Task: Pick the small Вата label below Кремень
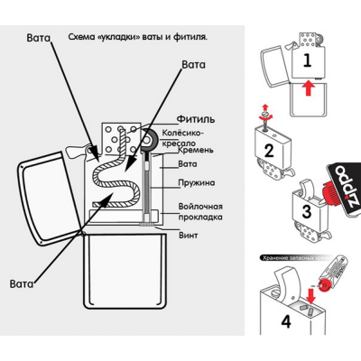coord(187,164)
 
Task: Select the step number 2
coord(266,149)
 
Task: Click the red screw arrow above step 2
coord(264,113)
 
